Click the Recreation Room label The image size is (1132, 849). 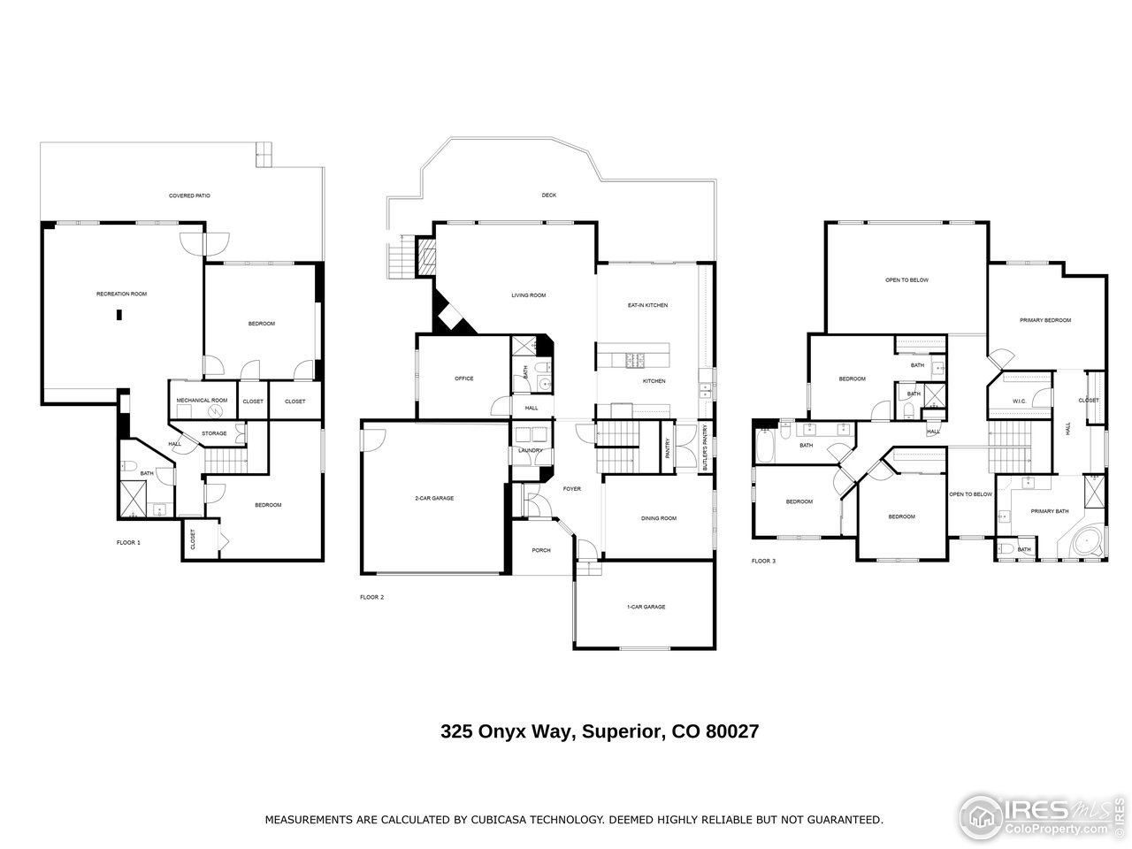pyautogui.click(x=121, y=293)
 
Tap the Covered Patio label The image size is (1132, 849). pyautogui.click(x=189, y=195)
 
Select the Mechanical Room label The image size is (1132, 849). pyautogui.click(x=202, y=401)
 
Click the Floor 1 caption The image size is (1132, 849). pyautogui.click(x=128, y=542)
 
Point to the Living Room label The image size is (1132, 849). pyautogui.click(x=528, y=295)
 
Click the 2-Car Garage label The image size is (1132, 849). pyautogui.click(x=434, y=498)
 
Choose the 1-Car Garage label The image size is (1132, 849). pyautogui.click(x=646, y=607)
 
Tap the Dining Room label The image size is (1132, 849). pyautogui.click(x=658, y=518)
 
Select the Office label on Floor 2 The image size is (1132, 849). pyautogui.click(x=463, y=379)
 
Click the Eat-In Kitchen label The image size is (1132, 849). pyautogui.click(x=647, y=305)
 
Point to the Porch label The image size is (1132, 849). pyautogui.click(x=540, y=550)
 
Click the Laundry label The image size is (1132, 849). pyautogui.click(x=531, y=451)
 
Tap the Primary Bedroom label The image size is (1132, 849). pyautogui.click(x=1044, y=320)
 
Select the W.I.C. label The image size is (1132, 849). pyautogui.click(x=1019, y=402)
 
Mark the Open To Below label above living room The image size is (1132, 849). pyautogui.click(x=906, y=280)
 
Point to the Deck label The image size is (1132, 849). pyautogui.click(x=549, y=195)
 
